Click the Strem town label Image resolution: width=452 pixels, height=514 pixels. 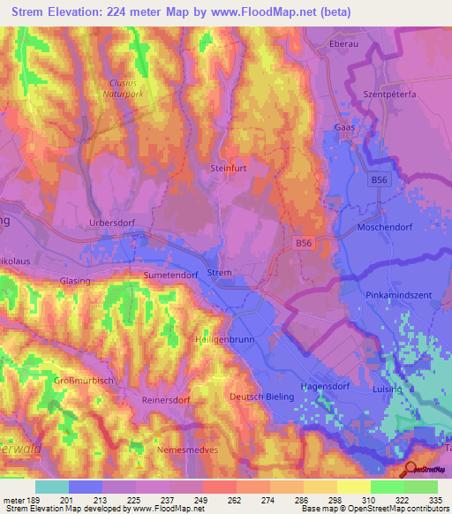(x=219, y=273)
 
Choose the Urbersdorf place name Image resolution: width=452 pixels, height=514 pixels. (x=112, y=223)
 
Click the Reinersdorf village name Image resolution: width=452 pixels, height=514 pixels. (x=167, y=399)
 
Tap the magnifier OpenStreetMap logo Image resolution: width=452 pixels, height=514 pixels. (x=411, y=470)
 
